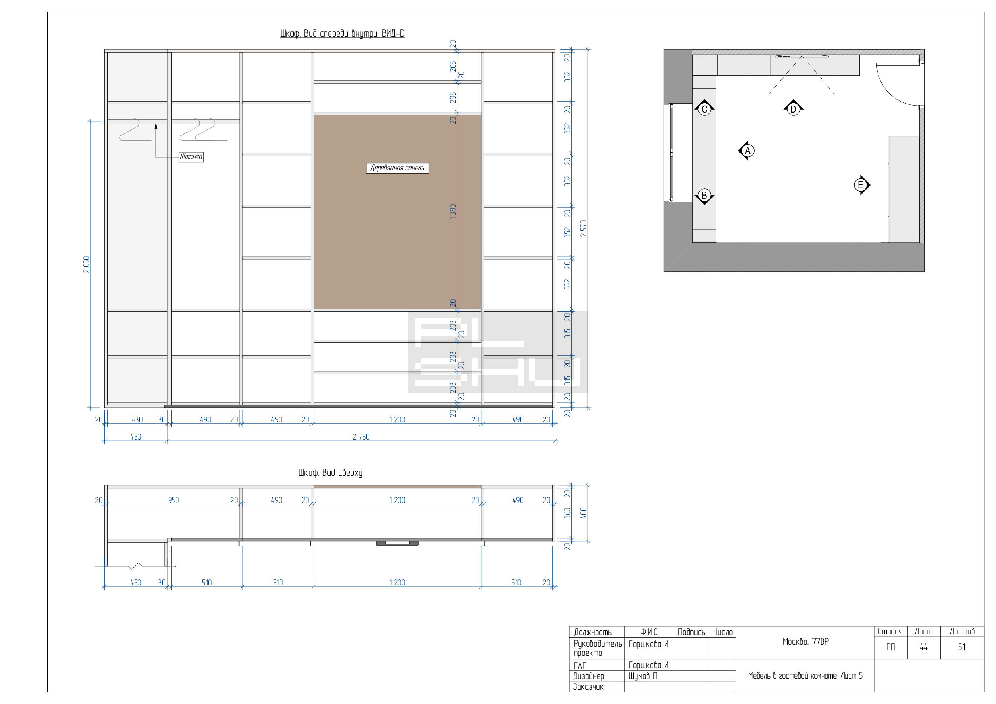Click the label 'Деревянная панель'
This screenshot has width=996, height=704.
(x=397, y=168)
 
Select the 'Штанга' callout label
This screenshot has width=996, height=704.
(x=191, y=156)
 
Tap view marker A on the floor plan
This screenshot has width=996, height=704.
(x=747, y=151)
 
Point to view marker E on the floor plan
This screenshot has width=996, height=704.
(x=861, y=185)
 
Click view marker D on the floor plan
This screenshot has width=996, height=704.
(x=794, y=108)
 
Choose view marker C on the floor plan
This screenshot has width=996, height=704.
(x=704, y=108)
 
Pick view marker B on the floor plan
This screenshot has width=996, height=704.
(x=704, y=196)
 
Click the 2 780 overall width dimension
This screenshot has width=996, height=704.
(x=361, y=436)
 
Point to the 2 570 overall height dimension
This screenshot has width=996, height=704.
(x=584, y=229)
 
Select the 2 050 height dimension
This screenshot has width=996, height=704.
(x=86, y=264)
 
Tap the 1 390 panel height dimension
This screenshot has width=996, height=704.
(x=453, y=211)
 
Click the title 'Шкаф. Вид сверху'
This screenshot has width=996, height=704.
(x=330, y=473)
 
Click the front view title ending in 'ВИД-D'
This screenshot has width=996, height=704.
(x=342, y=33)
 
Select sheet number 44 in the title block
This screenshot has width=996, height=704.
(x=923, y=647)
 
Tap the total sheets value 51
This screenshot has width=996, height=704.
(x=962, y=647)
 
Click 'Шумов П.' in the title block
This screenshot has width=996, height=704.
(x=643, y=676)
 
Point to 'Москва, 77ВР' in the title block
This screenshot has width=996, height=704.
(x=806, y=641)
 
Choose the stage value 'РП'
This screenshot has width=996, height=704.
(x=890, y=647)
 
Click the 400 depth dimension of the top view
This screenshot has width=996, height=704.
(x=584, y=513)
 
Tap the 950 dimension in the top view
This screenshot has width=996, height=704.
(x=174, y=500)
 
